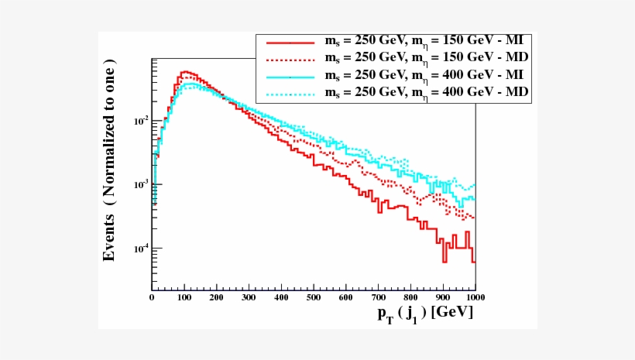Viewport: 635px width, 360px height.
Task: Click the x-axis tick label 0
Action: click(x=152, y=297)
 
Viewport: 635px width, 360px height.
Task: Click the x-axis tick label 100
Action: click(x=184, y=297)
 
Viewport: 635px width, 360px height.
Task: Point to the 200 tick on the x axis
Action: click(x=217, y=297)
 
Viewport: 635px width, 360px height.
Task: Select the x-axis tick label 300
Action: click(x=249, y=297)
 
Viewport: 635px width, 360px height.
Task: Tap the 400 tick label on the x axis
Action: click(x=282, y=297)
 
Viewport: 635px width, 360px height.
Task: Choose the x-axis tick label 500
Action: click(x=314, y=297)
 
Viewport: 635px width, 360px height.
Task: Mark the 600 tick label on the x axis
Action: click(x=346, y=297)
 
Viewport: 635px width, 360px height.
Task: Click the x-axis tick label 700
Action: click(x=379, y=297)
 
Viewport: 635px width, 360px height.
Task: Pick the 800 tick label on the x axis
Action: click(x=411, y=297)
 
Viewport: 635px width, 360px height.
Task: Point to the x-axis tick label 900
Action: click(x=443, y=297)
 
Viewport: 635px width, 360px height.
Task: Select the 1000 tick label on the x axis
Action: click(x=473, y=297)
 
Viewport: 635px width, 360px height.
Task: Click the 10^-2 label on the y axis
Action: click(x=139, y=122)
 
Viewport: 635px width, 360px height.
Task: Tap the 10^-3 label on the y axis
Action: click(x=139, y=185)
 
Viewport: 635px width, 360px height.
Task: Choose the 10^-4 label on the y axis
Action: click(x=139, y=249)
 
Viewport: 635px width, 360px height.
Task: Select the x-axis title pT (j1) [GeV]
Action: click(x=425, y=314)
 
